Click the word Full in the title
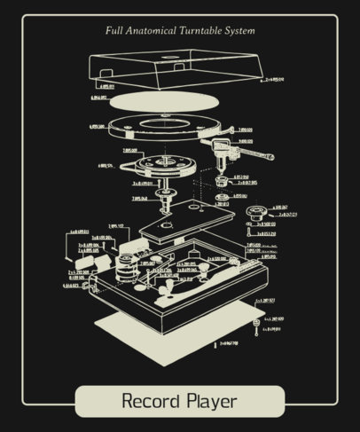pyautogui.click(x=113, y=31)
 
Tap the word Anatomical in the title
pyautogui.click(x=152, y=31)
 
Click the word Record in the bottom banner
pyautogui.click(x=153, y=400)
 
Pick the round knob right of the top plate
pyautogui.click(x=258, y=211)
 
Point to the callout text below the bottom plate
pyautogui.click(x=229, y=342)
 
